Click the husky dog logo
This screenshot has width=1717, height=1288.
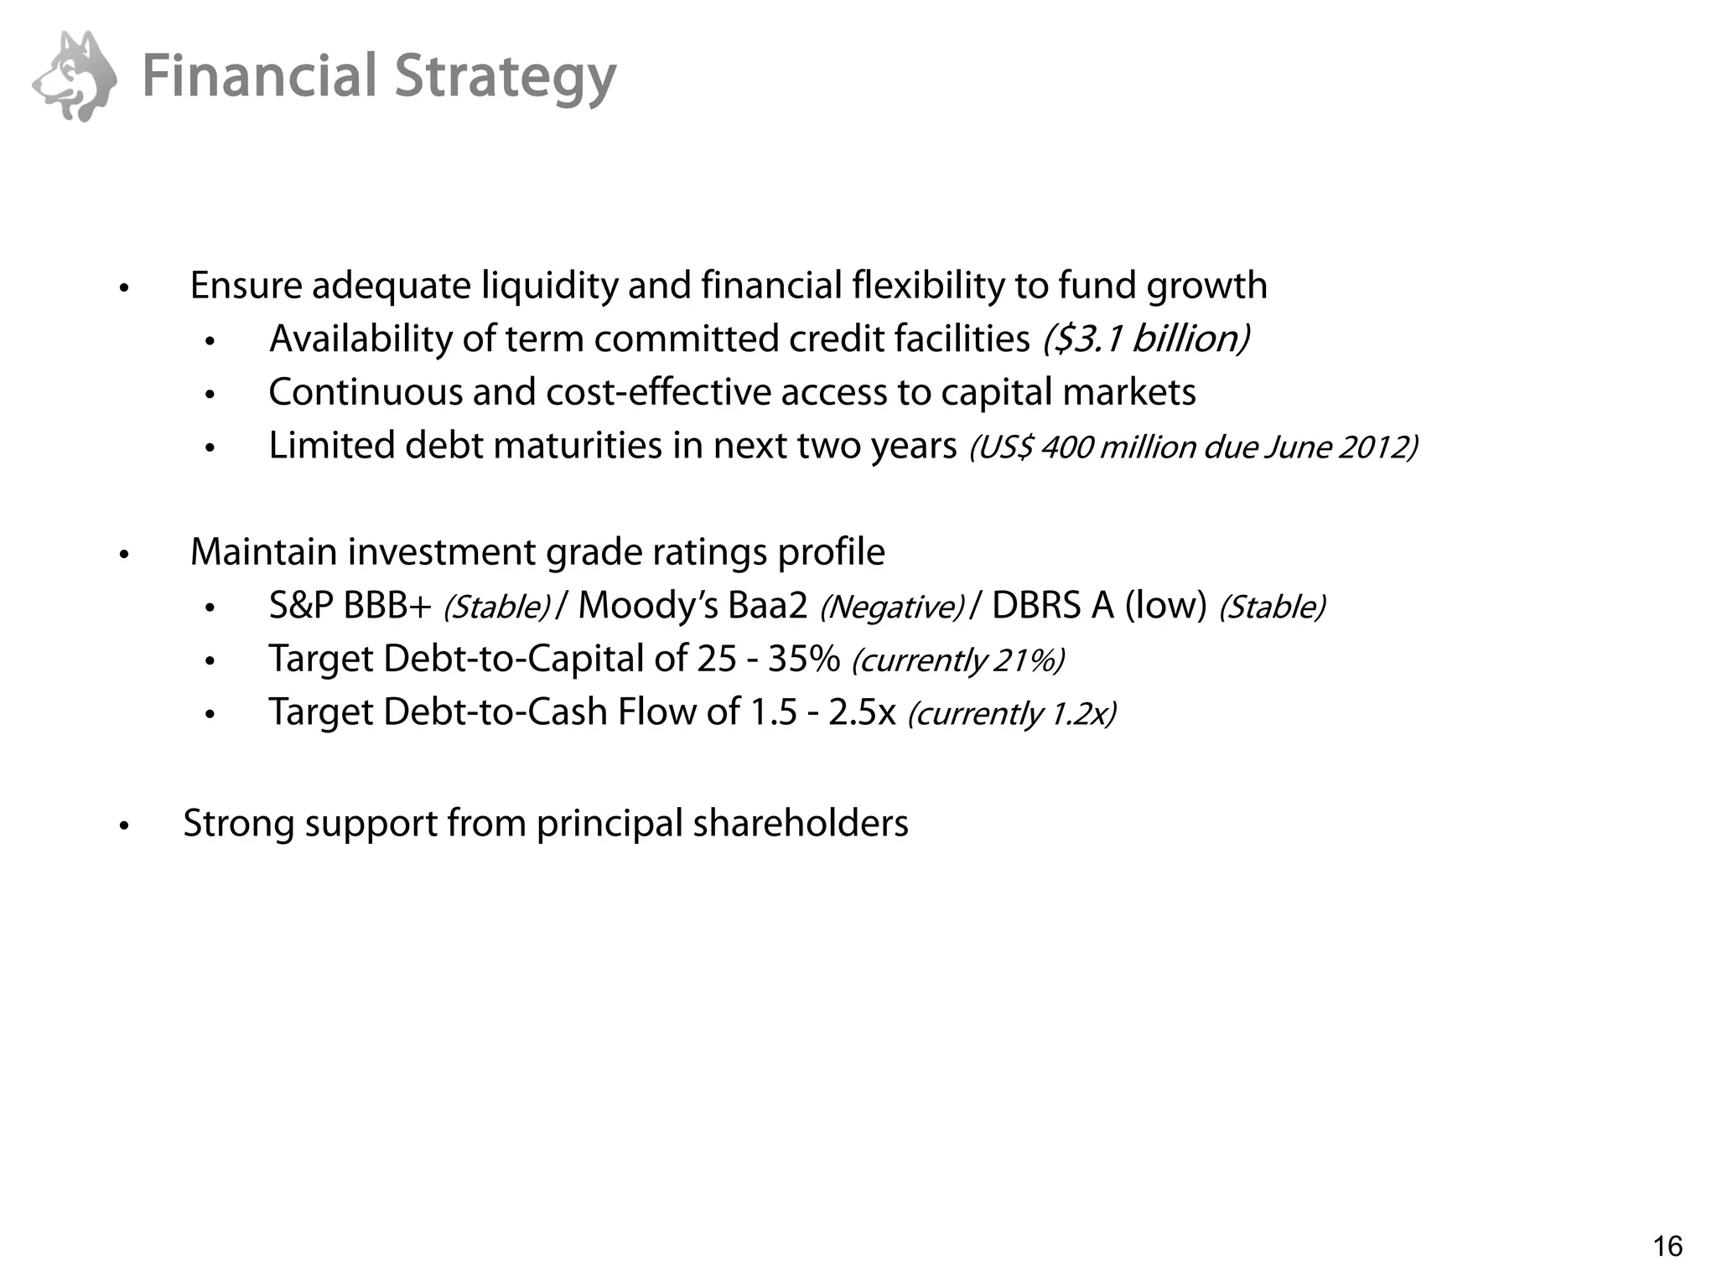pos(75,76)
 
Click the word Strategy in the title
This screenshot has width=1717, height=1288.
pos(505,78)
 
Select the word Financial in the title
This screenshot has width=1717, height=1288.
pos(260,76)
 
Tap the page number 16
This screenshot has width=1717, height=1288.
pos(1667,1246)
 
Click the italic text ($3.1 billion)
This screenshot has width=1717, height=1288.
pos(1146,339)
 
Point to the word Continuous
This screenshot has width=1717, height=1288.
pos(365,392)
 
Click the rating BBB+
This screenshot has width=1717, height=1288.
pos(386,606)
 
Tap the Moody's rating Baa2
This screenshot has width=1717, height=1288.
pos(767,606)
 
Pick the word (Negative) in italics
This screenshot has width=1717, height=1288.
pos(892,608)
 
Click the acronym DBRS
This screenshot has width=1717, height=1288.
pos(1036,606)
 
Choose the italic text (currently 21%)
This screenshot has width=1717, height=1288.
pos(958,660)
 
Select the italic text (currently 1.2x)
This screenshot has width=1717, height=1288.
pos(1012,714)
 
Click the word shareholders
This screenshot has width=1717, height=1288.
pos(801,823)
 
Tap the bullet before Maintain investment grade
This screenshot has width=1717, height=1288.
pos(124,555)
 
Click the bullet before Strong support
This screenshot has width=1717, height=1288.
pos(124,825)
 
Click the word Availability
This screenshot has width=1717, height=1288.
pos(360,339)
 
